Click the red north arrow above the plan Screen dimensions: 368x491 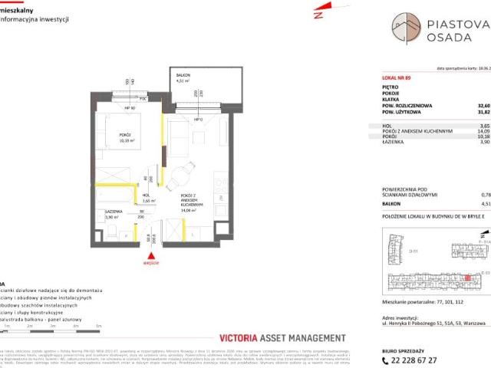click(318, 15)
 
